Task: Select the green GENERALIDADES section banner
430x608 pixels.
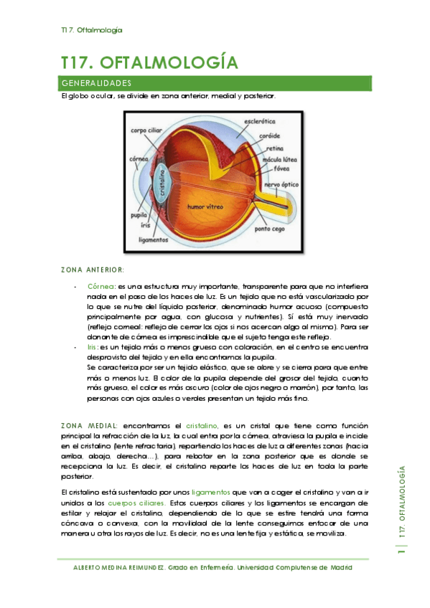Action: (216, 83)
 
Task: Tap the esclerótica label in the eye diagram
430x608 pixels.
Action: (260, 122)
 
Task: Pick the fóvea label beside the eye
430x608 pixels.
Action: (282, 168)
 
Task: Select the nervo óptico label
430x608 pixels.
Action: (281, 184)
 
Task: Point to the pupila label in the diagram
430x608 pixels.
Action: (139, 214)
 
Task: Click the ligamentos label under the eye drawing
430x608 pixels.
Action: (153, 240)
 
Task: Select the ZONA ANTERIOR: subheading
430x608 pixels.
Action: (93, 270)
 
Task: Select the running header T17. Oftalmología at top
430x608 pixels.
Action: (91, 30)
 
